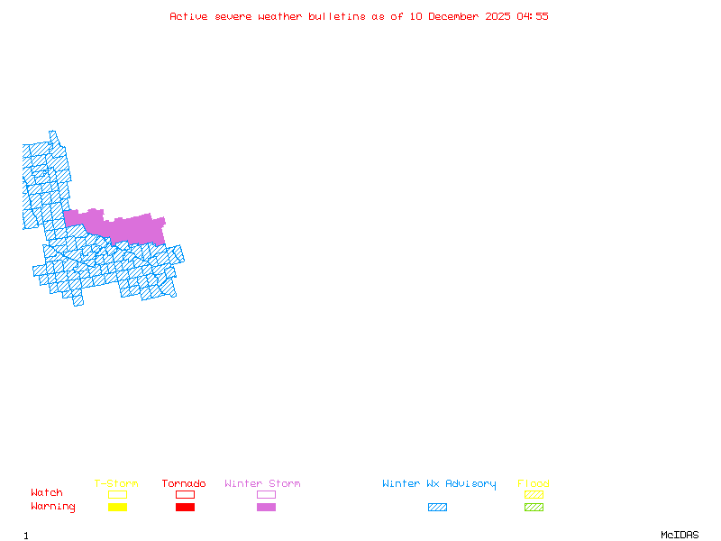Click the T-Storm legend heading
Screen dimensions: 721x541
click(116, 484)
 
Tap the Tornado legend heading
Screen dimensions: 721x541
click(184, 484)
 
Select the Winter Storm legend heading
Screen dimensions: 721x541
click(262, 484)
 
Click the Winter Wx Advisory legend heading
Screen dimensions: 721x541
click(439, 484)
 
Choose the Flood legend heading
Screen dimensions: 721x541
click(534, 484)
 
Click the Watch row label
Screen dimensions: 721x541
click(47, 493)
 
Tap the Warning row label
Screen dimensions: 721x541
click(53, 507)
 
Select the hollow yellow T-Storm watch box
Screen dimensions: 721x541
click(117, 494)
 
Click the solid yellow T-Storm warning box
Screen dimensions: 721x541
click(117, 508)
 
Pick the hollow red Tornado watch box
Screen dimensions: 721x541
click(185, 494)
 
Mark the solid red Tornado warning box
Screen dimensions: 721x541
click(185, 508)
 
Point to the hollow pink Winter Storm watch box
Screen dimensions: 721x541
click(266, 494)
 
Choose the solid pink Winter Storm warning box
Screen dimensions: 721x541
click(266, 508)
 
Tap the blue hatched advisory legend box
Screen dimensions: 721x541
click(437, 508)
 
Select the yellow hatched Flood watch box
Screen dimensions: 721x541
click(534, 494)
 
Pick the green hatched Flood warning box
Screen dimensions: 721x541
click(534, 508)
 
